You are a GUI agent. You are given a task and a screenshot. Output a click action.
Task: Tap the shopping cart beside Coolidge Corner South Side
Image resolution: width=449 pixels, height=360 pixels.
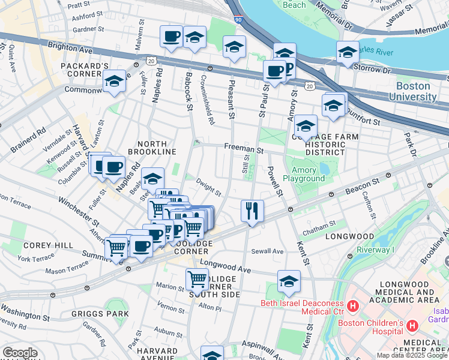pyautogui.click(x=197, y=279)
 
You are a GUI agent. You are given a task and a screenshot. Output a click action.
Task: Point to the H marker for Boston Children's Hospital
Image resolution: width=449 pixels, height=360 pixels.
pyautogui.click(x=412, y=326)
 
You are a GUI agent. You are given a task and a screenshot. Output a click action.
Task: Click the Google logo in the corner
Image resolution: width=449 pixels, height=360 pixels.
pyautogui.click(x=20, y=353)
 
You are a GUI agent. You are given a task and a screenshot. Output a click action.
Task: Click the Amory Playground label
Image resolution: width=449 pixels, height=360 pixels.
pyautogui.click(x=304, y=174)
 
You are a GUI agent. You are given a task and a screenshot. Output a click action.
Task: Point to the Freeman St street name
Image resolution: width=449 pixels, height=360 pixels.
pyautogui.click(x=244, y=147)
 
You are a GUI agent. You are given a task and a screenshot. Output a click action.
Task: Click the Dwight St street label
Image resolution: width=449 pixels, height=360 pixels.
pyautogui.click(x=209, y=190)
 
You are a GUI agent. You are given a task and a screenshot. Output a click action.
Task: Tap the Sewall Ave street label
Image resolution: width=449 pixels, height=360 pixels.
pyautogui.click(x=267, y=251)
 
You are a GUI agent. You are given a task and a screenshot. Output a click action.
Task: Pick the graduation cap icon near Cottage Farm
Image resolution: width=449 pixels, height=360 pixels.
pyautogui.click(x=305, y=126)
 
